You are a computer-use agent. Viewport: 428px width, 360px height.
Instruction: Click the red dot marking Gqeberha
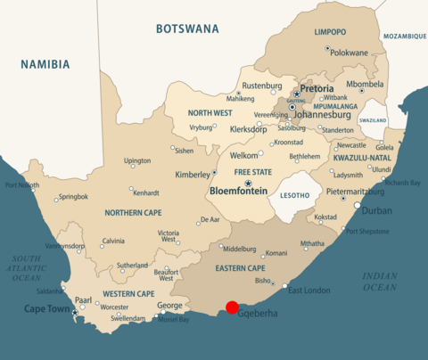232,307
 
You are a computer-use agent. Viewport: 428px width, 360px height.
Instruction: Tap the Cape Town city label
47,309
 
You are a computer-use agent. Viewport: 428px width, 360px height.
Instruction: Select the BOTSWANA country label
187,29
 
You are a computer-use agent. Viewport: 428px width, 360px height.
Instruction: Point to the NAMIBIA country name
45,64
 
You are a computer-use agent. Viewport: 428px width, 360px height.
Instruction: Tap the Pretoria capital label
317,89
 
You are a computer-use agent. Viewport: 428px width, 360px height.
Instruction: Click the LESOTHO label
294,194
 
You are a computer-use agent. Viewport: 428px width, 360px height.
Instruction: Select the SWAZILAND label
373,119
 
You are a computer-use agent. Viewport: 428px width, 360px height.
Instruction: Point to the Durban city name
376,211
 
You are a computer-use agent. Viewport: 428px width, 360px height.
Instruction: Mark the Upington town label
137,161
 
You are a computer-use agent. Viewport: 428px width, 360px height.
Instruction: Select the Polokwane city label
349,53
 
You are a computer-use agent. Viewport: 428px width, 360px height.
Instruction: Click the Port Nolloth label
21,185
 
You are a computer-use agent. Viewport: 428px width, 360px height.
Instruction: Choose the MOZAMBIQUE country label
405,37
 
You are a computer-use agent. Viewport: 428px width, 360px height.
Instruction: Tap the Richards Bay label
402,183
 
